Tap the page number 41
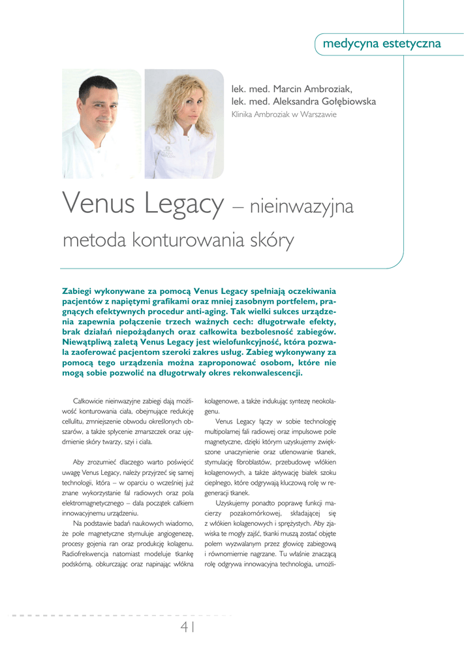point(189,627)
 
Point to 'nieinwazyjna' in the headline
point(302,208)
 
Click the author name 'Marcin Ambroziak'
point(312,88)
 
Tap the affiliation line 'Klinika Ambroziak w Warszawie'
point(284,114)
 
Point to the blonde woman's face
point(181,108)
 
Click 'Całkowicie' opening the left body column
point(91,400)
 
